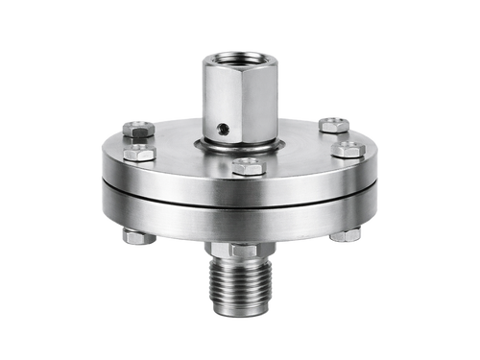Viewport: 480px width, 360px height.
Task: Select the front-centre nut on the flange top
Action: click(247, 166)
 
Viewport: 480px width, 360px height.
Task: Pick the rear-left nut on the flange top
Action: click(137, 127)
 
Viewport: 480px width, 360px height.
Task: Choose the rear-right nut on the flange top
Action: click(332, 125)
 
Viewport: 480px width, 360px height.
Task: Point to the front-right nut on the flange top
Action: click(347, 149)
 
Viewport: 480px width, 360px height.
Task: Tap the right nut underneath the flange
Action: click(345, 236)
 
